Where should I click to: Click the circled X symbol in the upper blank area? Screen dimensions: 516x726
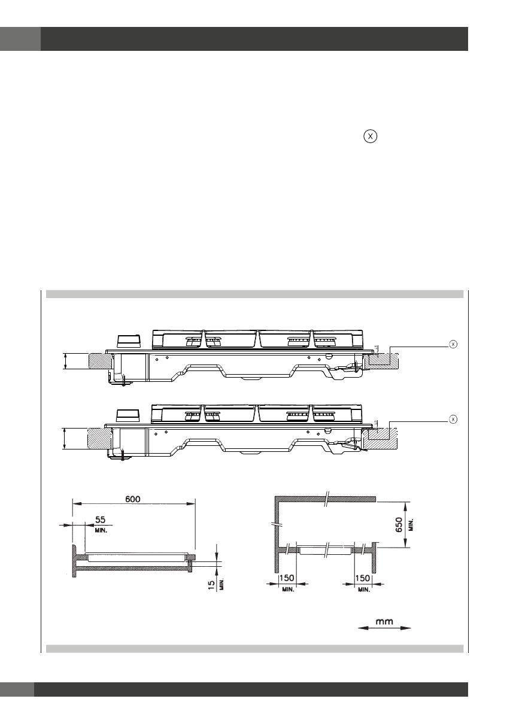(x=370, y=136)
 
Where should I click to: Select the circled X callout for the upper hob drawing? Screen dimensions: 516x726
(x=453, y=344)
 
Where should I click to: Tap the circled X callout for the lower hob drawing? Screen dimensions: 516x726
(x=453, y=420)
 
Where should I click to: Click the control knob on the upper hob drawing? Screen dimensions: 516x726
(x=128, y=341)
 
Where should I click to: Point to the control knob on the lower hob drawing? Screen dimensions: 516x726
(x=128, y=415)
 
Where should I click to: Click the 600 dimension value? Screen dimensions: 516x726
(x=133, y=499)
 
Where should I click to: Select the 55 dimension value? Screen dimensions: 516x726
(x=101, y=520)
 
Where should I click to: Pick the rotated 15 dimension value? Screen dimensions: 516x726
(x=211, y=585)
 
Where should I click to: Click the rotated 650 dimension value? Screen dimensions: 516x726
(x=399, y=524)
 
